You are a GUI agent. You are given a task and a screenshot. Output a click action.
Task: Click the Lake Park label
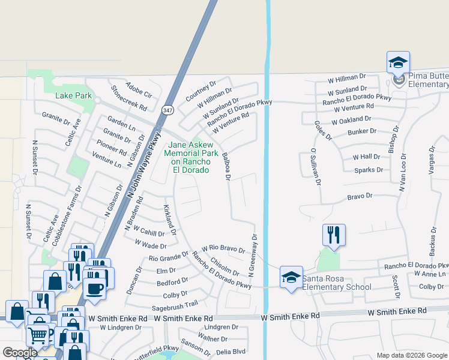73,95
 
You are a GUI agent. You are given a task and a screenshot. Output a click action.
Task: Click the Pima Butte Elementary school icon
398,63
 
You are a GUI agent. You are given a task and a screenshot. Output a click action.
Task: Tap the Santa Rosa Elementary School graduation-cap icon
291,277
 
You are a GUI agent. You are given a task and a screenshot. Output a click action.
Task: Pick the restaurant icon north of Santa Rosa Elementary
334,235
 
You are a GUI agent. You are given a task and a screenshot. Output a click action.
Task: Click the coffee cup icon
94,288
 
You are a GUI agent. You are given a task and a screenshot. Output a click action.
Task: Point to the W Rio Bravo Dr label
223,248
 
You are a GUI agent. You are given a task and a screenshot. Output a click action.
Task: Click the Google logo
20,353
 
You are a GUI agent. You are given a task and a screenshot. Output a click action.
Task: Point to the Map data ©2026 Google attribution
411,355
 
